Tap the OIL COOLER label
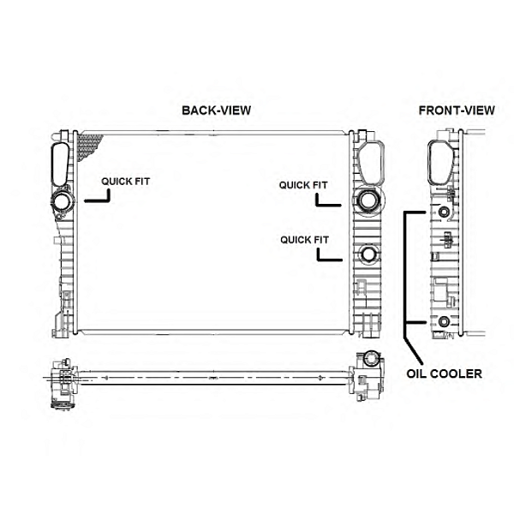coord(445,374)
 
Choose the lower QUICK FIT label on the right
coord(304,239)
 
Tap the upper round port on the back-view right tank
coord(368,201)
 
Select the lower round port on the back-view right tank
coord(368,254)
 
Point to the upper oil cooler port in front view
coord(444,212)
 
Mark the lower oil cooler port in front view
coord(444,322)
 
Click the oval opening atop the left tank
coord(60,163)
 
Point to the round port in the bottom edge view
coord(371,359)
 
